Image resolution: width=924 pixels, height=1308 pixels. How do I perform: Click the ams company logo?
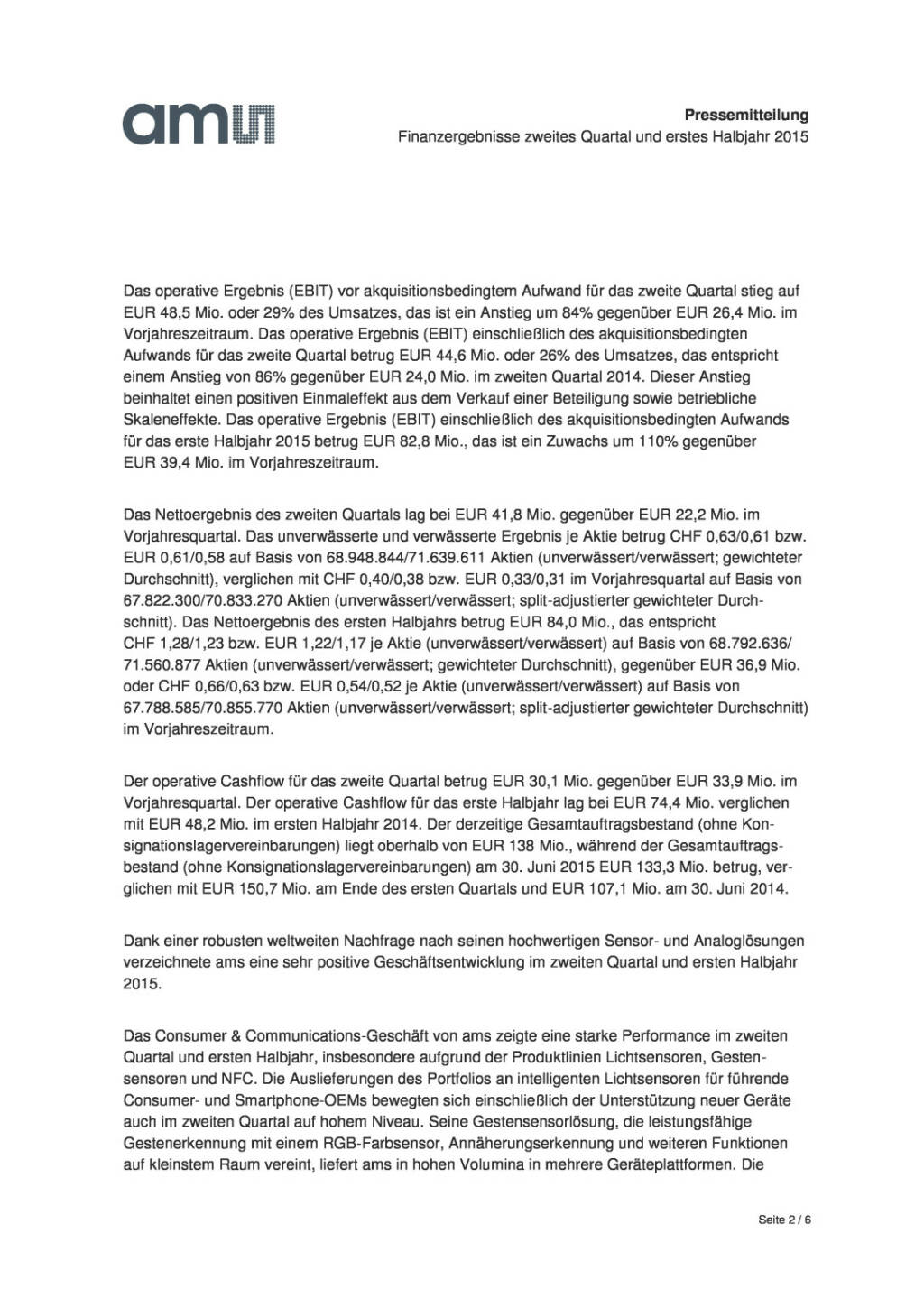pyautogui.click(x=199, y=124)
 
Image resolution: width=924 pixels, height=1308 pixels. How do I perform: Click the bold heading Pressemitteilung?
pyautogui.click(x=745, y=115)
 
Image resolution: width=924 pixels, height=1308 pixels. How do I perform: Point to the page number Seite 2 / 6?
pyautogui.click(x=785, y=1220)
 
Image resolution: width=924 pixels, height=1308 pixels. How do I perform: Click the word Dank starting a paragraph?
pyautogui.click(x=140, y=941)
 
